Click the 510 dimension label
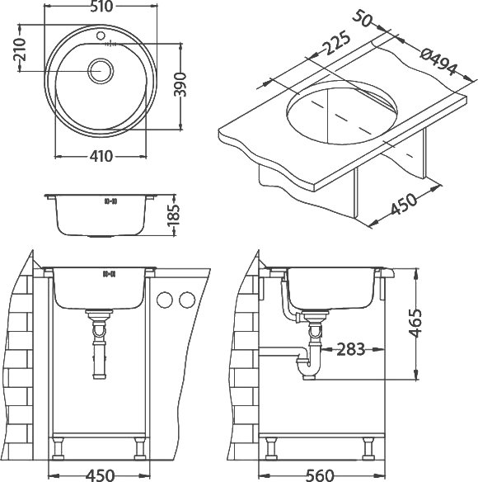(101, 7)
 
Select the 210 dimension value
(20, 49)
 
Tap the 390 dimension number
(180, 84)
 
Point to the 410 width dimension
(101, 157)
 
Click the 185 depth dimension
(173, 215)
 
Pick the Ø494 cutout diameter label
(438, 63)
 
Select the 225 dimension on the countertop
(337, 43)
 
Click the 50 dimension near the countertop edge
(363, 18)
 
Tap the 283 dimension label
(350, 349)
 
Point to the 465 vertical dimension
(415, 323)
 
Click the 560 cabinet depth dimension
(320, 475)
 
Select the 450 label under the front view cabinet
(100, 475)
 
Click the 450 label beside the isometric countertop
(404, 204)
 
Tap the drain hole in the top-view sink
(101, 71)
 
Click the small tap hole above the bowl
(101, 35)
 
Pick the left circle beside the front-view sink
(165, 300)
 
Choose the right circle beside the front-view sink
(187, 300)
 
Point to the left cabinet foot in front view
(58, 449)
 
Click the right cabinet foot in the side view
(368, 449)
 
